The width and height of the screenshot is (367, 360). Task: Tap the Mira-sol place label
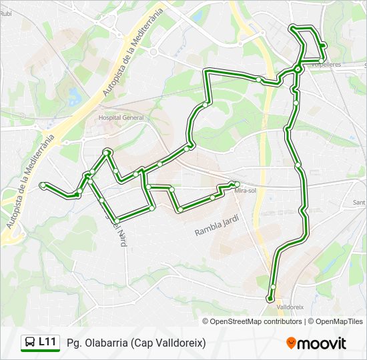(x=246, y=191)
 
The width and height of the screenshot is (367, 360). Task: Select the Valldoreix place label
(x=290, y=307)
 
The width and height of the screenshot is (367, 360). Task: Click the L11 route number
(x=47, y=342)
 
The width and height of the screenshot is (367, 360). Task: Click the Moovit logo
(x=316, y=343)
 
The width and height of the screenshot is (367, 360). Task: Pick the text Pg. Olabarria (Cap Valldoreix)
(x=136, y=343)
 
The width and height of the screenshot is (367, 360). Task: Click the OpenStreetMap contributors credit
(x=256, y=321)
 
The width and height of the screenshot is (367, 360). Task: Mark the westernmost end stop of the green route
(x=43, y=185)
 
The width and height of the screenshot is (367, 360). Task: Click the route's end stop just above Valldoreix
(x=270, y=299)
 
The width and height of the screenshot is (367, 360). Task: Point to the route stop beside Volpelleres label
(x=321, y=61)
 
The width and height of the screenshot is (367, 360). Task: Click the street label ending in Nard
(x=117, y=227)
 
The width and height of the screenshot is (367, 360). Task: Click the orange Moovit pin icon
(x=291, y=343)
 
